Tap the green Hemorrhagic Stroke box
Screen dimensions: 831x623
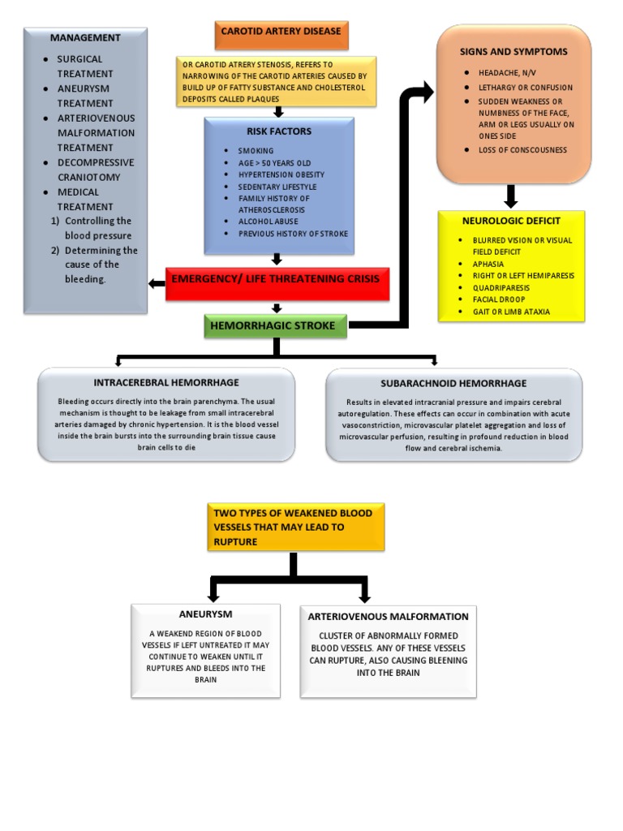tap(275, 325)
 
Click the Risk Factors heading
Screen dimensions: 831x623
tap(279, 131)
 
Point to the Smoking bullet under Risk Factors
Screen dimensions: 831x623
tap(256, 151)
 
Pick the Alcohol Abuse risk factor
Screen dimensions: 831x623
tap(268, 222)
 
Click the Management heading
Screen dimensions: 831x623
tap(85, 37)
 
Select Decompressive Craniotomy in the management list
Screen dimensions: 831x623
tap(95, 170)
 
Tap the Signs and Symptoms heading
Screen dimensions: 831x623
tap(513, 51)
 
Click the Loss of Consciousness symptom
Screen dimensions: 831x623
tap(523, 150)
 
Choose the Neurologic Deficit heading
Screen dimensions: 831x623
tap(511, 221)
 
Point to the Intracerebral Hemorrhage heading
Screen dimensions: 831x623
tap(166, 382)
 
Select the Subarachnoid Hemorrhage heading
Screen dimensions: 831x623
tap(453, 383)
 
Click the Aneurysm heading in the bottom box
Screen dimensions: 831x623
tap(205, 614)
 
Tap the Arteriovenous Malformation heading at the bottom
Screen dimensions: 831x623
tap(388, 617)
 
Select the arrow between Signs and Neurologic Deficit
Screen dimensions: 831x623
tap(511, 196)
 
